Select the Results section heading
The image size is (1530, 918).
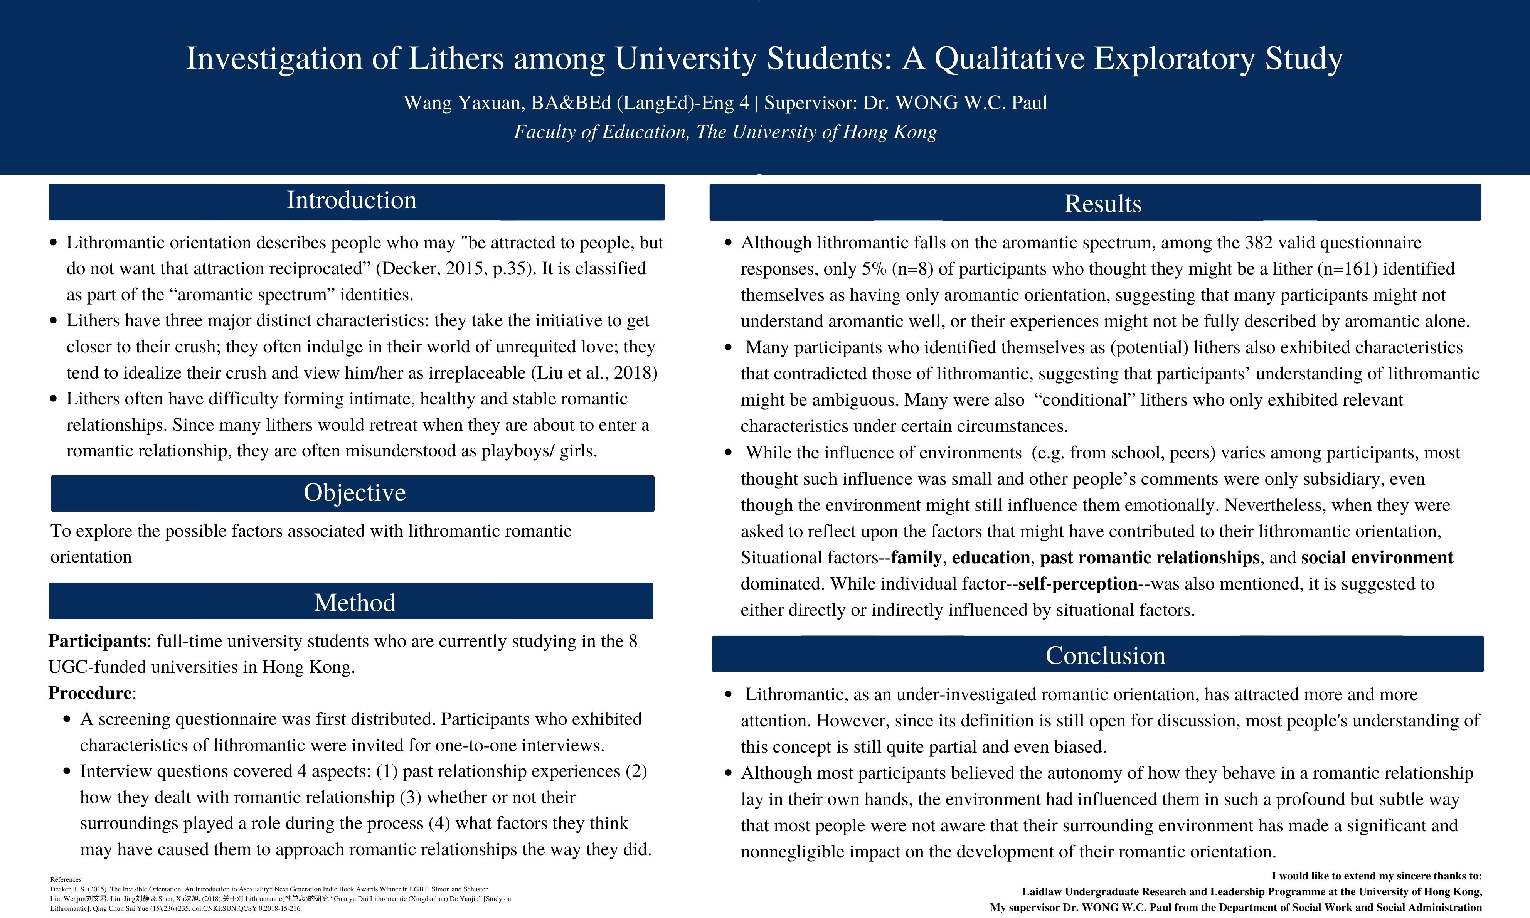1102,204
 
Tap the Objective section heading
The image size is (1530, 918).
354,492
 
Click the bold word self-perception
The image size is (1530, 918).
1078,583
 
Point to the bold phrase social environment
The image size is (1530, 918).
1377,558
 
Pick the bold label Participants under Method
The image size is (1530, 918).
97,641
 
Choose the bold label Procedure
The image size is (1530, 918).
90,693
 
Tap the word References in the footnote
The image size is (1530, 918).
66,879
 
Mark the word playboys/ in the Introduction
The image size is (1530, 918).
517,451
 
